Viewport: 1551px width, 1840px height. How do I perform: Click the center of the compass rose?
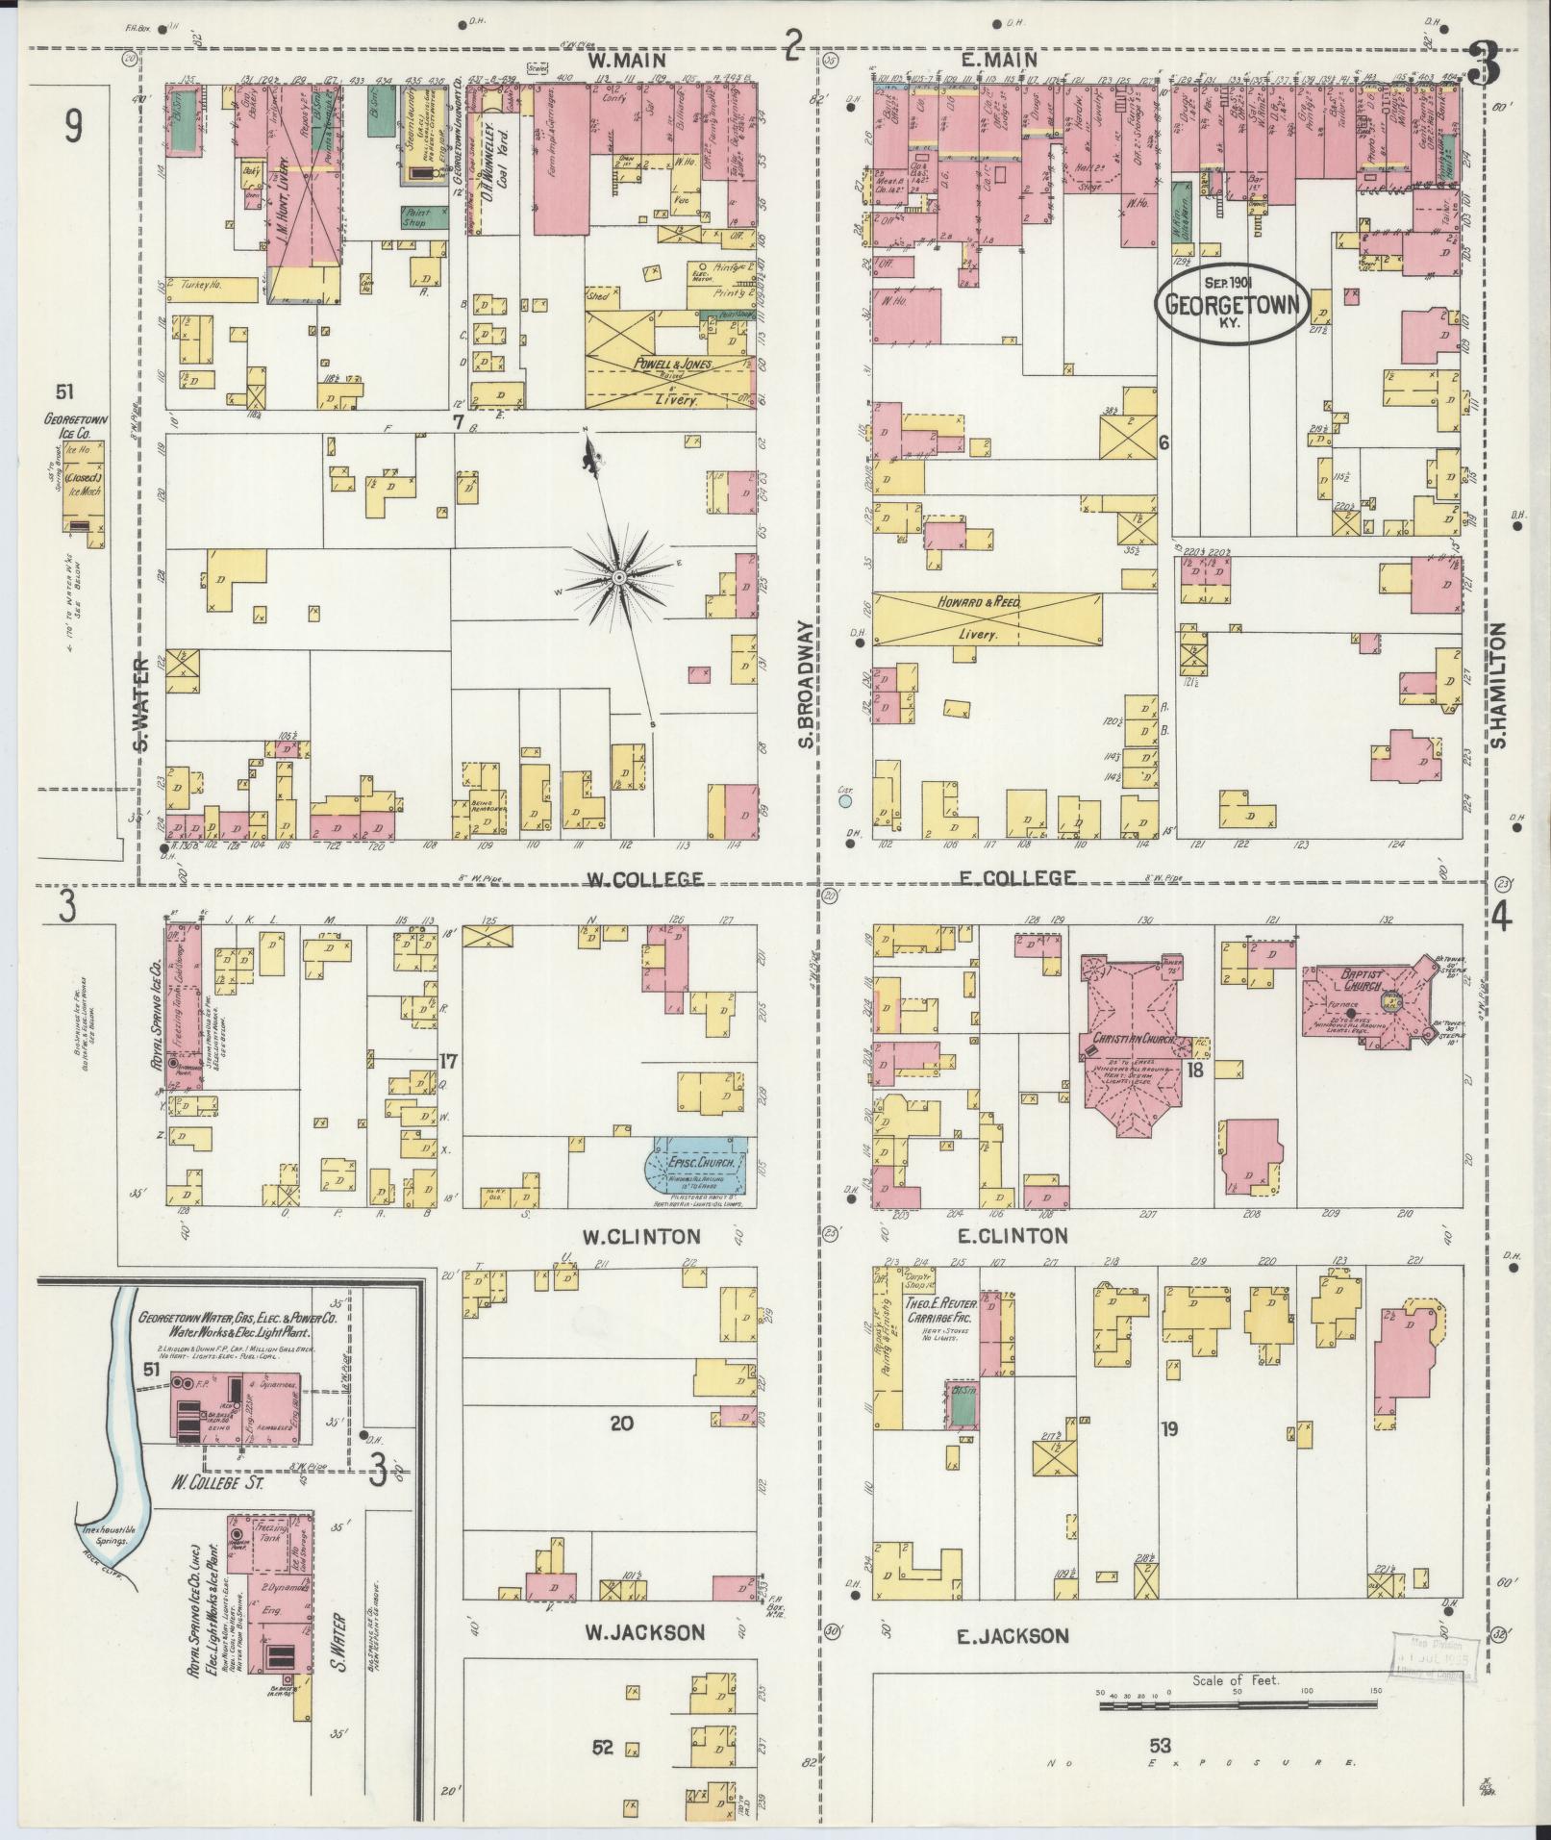pyautogui.click(x=619, y=576)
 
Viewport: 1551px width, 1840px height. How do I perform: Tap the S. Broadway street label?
pyautogui.click(x=807, y=683)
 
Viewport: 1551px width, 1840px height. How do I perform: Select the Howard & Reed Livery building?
pyautogui.click(x=988, y=618)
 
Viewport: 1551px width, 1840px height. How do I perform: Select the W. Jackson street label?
pyautogui.click(x=644, y=1631)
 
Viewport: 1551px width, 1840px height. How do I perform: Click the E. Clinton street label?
pyautogui.click(x=1012, y=1236)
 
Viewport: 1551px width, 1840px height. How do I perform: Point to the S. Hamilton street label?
pyautogui.click(x=1496, y=683)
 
